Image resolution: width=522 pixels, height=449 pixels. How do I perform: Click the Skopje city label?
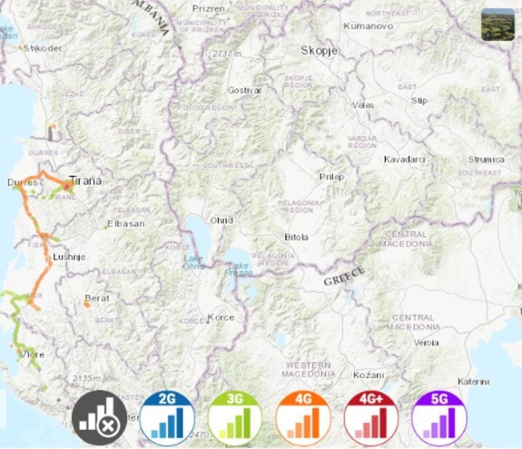pos(317,50)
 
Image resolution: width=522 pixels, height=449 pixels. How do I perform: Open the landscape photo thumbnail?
pos(498,24)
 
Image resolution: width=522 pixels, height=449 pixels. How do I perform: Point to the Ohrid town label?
pos(222,221)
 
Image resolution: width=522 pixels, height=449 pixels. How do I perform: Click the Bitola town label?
pos(296,237)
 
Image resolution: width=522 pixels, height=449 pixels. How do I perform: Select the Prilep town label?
pos(332,177)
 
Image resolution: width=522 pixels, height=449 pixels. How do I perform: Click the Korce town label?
pos(221,317)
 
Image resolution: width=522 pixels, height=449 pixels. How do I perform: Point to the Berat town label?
pos(97,298)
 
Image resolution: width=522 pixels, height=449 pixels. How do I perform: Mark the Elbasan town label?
pos(128,223)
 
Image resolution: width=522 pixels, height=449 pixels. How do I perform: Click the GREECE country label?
pos(344,276)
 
